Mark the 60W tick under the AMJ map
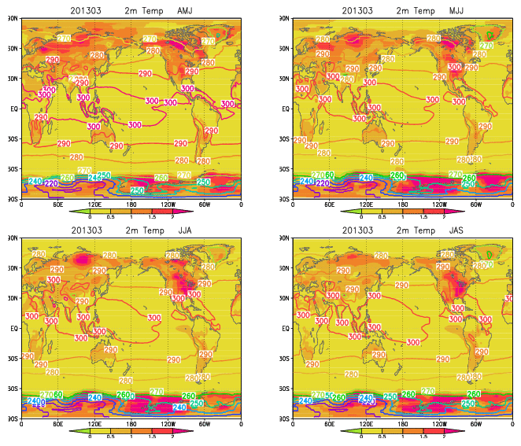(205, 205)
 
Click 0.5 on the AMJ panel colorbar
(110, 216)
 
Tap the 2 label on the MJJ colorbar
(443, 216)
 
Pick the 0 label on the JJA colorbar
(91, 436)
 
